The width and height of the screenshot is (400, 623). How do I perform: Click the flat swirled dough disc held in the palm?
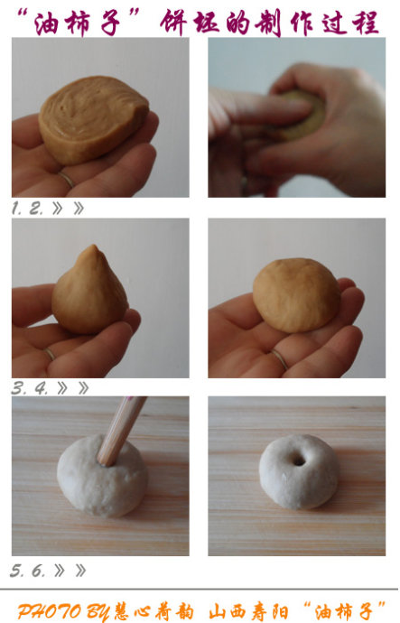pyautogui.click(x=93, y=119)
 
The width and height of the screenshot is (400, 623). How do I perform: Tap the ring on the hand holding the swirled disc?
pyautogui.click(x=66, y=180)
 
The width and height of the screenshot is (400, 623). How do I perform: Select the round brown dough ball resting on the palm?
pyautogui.click(x=297, y=295)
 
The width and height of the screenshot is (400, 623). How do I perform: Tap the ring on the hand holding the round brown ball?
pyautogui.click(x=280, y=358)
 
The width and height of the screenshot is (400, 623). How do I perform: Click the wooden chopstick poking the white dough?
pyautogui.click(x=120, y=431)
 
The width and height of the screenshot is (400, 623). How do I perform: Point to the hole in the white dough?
pyautogui.click(x=299, y=460)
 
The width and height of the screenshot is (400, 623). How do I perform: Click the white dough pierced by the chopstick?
pyautogui.click(x=102, y=476)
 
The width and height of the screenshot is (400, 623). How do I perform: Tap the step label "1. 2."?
pyautogui.click(x=27, y=209)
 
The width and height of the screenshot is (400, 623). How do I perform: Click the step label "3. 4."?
pyautogui.click(x=30, y=387)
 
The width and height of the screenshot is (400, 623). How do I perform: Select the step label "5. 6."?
pyautogui.click(x=27, y=571)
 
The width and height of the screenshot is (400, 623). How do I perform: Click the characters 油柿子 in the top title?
pyautogui.click(x=79, y=23)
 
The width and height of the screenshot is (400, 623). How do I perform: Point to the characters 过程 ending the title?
pyautogui.click(x=350, y=23)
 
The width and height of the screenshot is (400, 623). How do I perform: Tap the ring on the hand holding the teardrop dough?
pyautogui.click(x=50, y=354)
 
